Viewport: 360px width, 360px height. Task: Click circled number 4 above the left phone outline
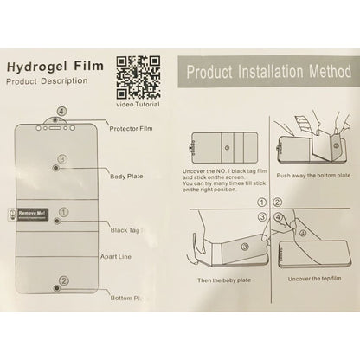coord(60,112)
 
